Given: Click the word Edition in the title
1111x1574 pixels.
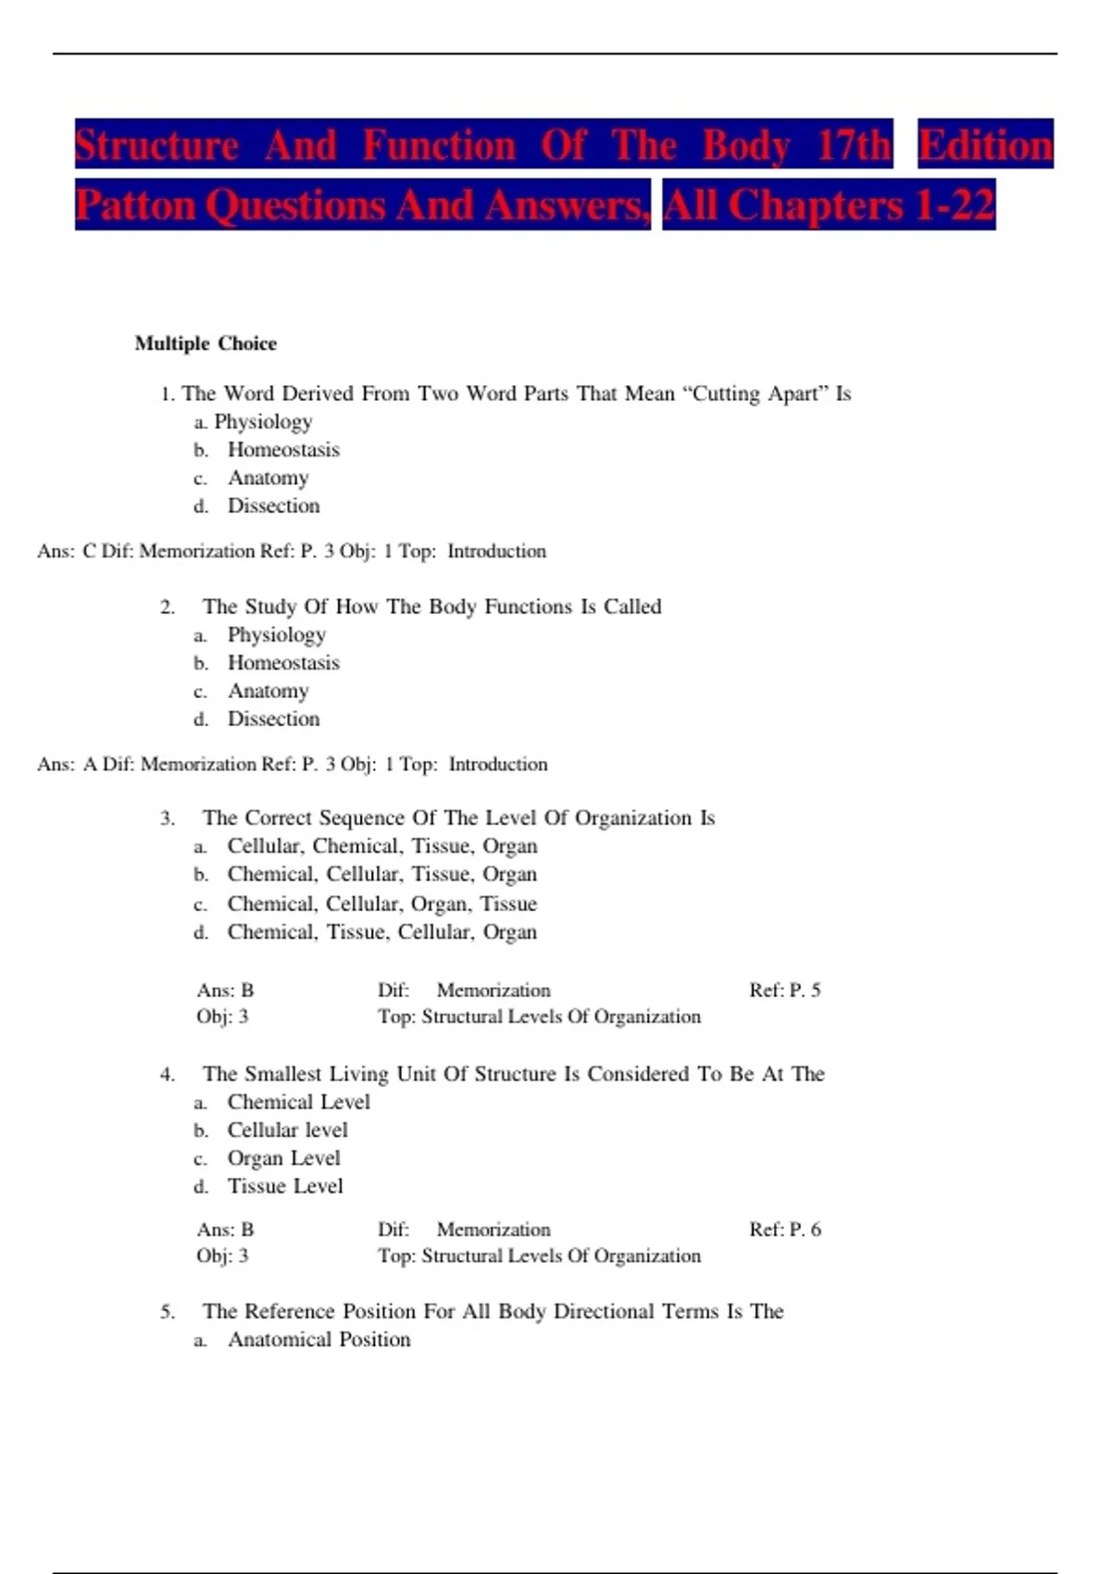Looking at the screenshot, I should tap(985, 145).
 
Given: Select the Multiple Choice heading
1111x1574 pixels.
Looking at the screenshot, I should tap(206, 344).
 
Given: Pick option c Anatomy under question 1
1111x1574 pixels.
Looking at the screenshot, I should tap(268, 478).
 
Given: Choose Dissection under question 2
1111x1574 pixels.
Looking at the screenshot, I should tap(273, 718).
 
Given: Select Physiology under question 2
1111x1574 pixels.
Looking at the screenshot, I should tap(277, 635).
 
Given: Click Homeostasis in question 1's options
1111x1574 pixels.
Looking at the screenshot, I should tap(283, 450).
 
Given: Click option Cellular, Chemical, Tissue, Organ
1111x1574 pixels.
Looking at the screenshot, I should tap(381, 846).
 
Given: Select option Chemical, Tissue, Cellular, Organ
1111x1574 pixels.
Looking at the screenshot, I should tap(381, 931).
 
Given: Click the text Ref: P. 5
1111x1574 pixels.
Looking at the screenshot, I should tap(784, 990).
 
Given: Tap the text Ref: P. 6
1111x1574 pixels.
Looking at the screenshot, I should tap(784, 1230).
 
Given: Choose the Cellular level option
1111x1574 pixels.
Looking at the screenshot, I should tap(287, 1131).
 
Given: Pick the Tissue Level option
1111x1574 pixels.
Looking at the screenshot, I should tap(285, 1186).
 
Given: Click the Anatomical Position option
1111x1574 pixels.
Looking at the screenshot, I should tap(318, 1340).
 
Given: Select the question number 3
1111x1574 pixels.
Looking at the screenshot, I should tap(168, 818).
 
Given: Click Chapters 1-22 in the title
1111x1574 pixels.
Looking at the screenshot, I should tap(861, 205).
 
